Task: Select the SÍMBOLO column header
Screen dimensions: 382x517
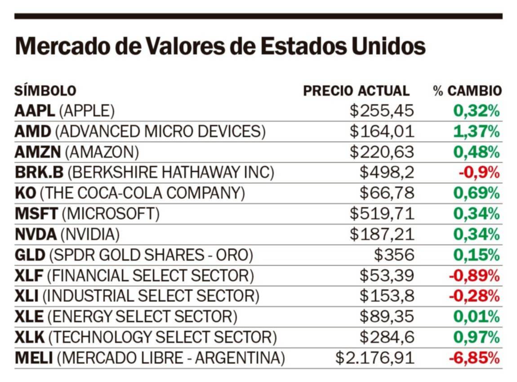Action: click(x=45, y=91)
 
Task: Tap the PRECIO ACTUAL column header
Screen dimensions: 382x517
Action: click(x=356, y=91)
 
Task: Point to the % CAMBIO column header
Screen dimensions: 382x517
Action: click(x=467, y=91)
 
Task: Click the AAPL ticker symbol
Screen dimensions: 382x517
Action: click(x=34, y=111)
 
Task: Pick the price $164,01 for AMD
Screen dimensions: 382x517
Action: click(x=382, y=132)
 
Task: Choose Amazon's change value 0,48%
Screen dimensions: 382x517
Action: click(x=476, y=152)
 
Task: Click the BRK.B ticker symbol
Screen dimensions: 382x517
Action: click(x=39, y=173)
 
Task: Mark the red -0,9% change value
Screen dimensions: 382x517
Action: click(x=479, y=173)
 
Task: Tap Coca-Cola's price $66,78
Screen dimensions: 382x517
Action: click(x=387, y=193)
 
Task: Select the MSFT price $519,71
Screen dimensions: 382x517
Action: click(x=382, y=214)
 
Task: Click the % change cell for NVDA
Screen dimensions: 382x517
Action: click(x=476, y=235)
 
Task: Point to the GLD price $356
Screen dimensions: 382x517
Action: click(x=394, y=255)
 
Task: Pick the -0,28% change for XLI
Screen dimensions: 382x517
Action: click(x=474, y=296)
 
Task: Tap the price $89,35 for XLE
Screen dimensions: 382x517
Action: click(x=387, y=317)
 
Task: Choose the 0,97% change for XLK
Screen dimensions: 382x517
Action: click(x=476, y=337)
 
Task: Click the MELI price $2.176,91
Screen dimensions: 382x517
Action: click(x=374, y=358)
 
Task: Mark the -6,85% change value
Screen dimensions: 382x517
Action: click(x=474, y=358)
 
